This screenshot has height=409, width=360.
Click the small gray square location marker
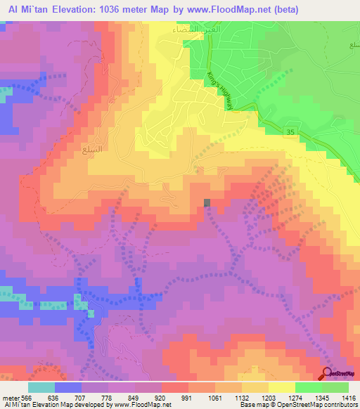point(207,203)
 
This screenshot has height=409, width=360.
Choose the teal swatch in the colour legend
point(41,387)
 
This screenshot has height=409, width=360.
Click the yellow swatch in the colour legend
point(281,387)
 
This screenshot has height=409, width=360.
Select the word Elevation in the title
point(74,10)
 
